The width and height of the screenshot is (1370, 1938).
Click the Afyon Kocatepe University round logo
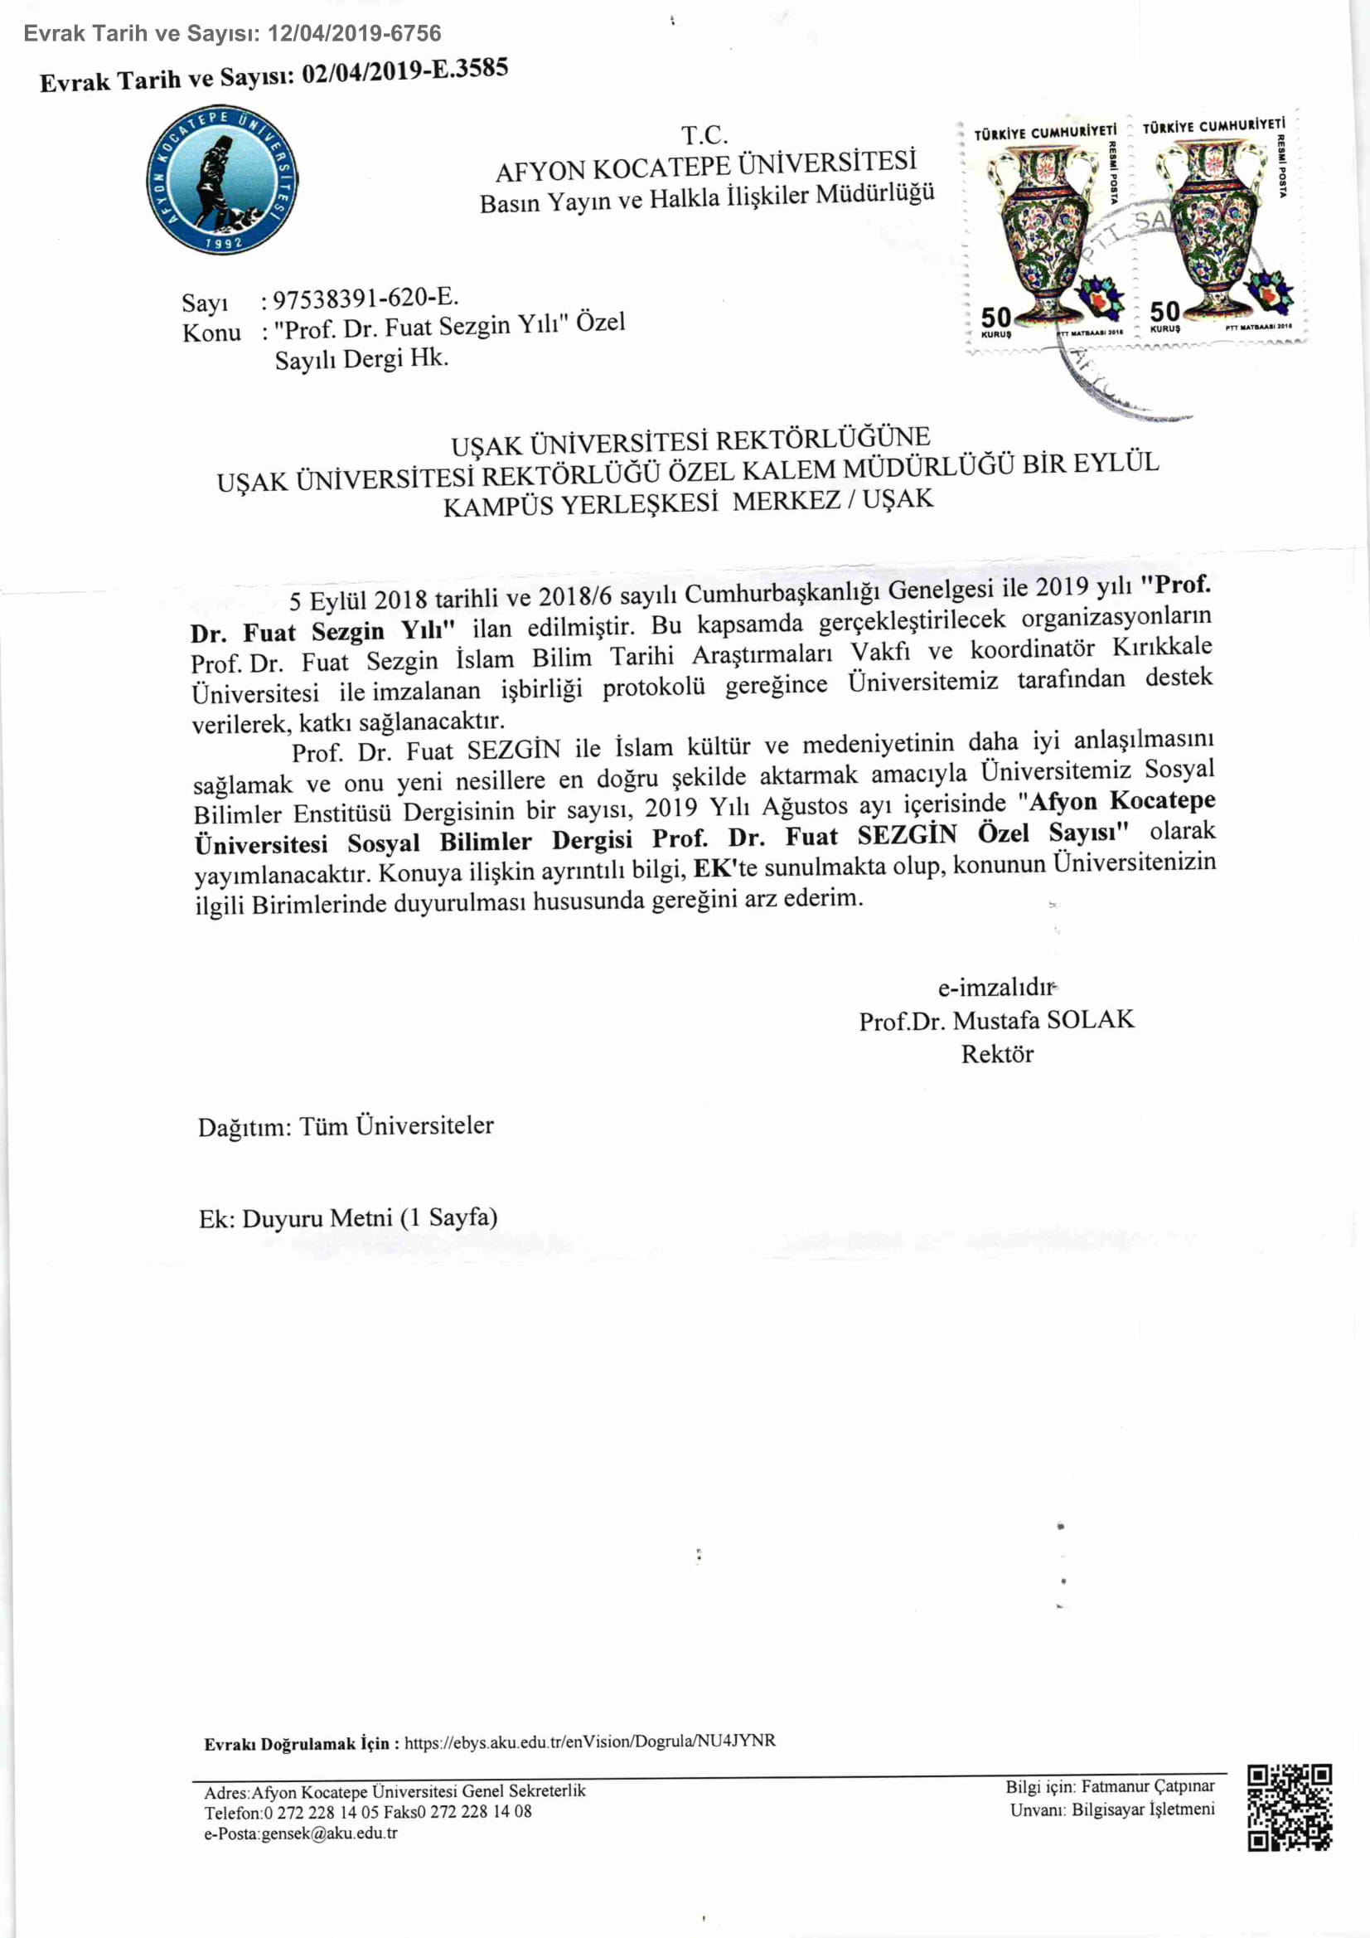coord(222,181)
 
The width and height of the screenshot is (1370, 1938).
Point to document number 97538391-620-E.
coord(365,298)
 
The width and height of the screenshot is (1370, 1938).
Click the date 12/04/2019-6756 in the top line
coord(355,34)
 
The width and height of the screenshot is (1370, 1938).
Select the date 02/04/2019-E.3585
coord(405,72)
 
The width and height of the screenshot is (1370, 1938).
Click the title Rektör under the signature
coord(997,1054)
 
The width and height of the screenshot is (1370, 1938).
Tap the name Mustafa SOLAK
coord(1043,1020)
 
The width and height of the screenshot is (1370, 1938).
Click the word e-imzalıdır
coord(996,987)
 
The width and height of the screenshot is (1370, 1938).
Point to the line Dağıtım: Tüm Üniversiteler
coord(346,1127)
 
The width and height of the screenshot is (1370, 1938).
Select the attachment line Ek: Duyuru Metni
coord(347,1218)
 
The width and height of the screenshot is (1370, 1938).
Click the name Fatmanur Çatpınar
coord(1148,1786)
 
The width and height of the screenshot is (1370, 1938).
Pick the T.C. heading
coord(704,135)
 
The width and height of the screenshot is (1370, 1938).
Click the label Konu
coord(211,333)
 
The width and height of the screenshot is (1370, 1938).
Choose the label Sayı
coord(204,302)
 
